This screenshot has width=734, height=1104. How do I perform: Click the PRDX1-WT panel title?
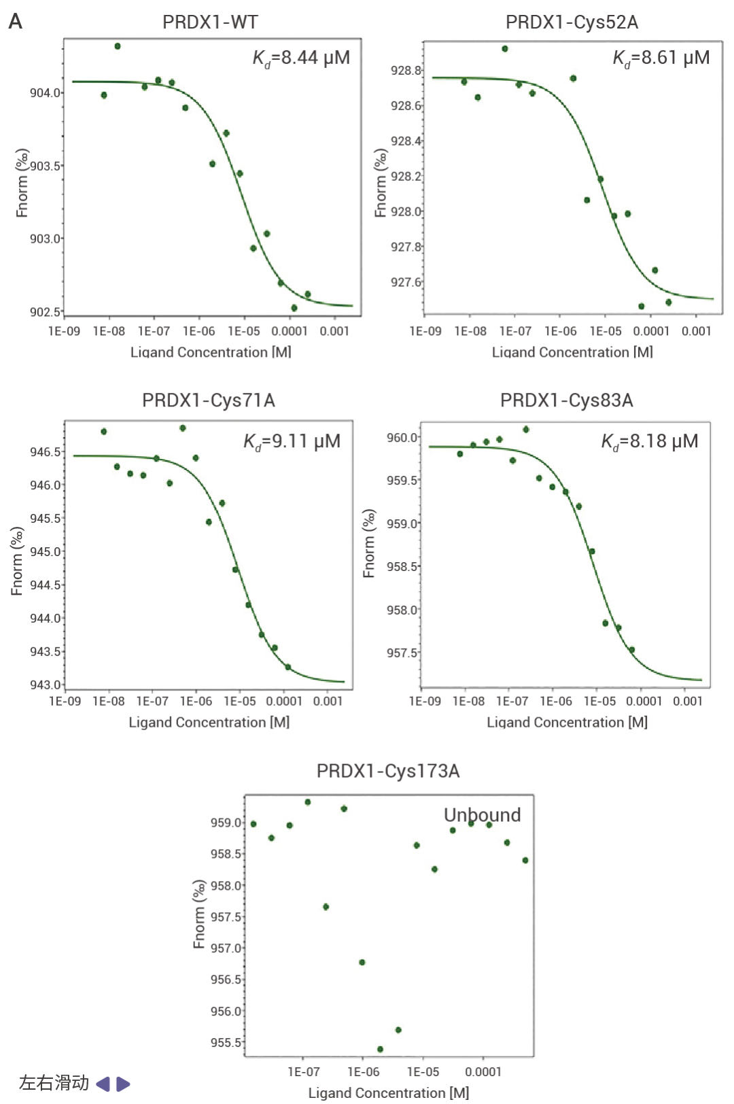[210, 22]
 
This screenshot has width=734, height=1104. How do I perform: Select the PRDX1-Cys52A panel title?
[572, 22]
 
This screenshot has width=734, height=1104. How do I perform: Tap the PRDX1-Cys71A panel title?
[209, 400]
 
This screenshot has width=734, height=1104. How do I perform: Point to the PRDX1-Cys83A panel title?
[566, 400]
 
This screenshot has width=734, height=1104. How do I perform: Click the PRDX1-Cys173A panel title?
[388, 771]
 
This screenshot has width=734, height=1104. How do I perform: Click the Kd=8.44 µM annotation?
[301, 58]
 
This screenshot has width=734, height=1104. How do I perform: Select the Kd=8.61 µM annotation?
[661, 58]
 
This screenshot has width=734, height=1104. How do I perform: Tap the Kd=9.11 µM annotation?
[292, 442]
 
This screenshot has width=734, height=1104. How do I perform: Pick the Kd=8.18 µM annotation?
[649, 442]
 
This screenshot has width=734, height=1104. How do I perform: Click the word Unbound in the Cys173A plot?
[482, 814]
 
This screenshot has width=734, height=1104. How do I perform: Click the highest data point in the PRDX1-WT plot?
[118, 46]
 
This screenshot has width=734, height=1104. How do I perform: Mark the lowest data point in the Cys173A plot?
[380, 1049]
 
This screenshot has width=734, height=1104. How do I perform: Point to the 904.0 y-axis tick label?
[46, 92]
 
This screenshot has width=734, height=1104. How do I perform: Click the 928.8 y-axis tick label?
[406, 70]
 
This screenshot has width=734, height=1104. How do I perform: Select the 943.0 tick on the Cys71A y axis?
[46, 685]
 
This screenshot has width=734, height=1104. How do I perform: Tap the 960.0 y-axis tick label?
[402, 437]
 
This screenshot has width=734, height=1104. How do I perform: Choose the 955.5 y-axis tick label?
[226, 1042]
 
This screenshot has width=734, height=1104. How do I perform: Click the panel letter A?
[15, 22]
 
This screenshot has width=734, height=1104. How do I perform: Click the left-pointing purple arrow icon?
[103, 1084]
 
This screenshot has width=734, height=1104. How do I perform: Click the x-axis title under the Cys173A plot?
[388, 1092]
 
